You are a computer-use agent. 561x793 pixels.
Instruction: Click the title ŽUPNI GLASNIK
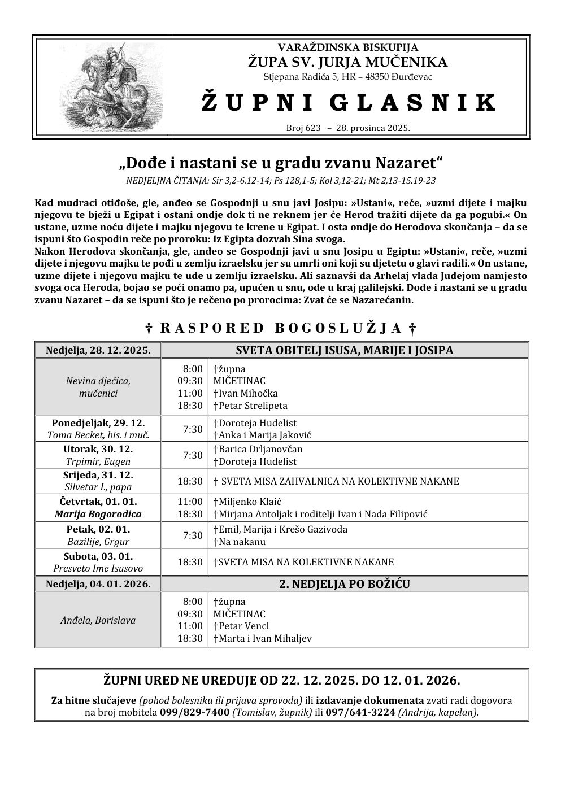(347, 103)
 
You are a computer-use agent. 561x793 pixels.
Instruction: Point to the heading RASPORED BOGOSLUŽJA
(281, 328)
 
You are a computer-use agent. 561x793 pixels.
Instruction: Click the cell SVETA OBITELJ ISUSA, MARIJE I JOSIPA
(345, 350)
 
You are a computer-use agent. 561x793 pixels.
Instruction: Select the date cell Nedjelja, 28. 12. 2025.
(98, 350)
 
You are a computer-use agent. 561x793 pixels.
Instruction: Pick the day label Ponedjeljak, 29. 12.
(98, 422)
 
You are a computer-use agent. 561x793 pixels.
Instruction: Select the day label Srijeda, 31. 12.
(98, 475)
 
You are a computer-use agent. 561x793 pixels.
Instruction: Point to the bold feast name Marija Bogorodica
(98, 514)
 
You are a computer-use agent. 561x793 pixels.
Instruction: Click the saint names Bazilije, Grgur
(98, 542)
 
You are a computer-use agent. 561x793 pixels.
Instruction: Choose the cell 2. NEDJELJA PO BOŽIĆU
(345, 584)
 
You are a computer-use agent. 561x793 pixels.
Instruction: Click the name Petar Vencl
(241, 626)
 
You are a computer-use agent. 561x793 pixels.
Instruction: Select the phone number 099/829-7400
(194, 712)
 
